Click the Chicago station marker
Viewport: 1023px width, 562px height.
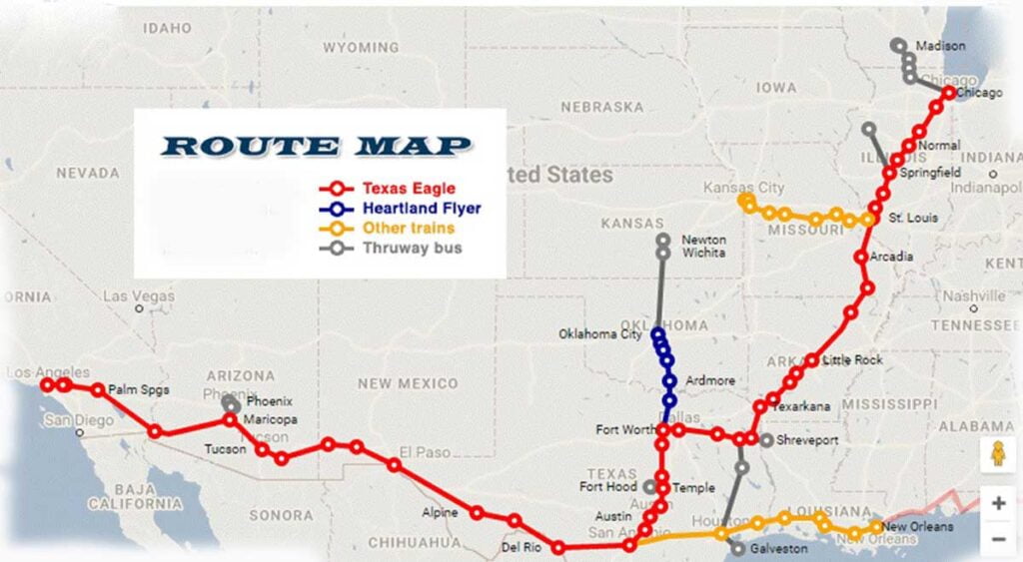948,93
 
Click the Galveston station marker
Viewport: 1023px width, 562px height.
737,548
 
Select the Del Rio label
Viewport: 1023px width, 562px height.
519,547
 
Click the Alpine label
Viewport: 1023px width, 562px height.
440,512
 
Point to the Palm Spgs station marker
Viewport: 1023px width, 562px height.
98,390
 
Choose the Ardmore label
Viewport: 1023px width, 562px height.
710,380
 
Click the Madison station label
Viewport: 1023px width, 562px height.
940,46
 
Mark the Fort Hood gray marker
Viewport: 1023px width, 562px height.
651,487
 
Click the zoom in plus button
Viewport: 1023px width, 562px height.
998,503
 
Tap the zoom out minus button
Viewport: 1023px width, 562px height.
998,539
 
